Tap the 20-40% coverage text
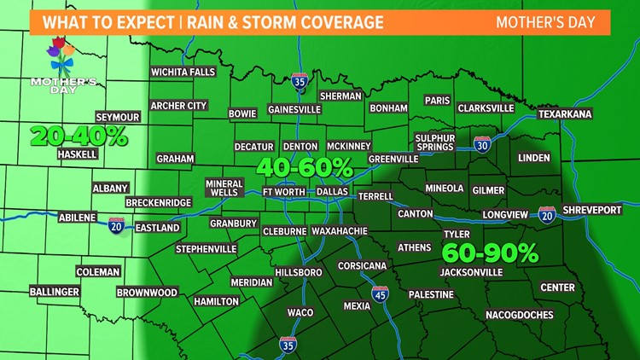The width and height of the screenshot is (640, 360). pos(78,136)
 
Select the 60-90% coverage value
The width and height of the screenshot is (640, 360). pos(490,253)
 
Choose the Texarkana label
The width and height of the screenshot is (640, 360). pos(565,114)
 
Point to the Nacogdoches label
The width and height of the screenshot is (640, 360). pos(519,315)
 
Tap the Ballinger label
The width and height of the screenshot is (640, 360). pos(55,292)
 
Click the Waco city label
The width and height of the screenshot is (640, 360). pos(300,313)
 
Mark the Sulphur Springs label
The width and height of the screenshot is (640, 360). pos(435,142)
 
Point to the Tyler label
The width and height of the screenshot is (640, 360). pos(457,234)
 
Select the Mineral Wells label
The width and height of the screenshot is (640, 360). pos(224,188)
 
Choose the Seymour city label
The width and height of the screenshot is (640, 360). pos(117,117)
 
